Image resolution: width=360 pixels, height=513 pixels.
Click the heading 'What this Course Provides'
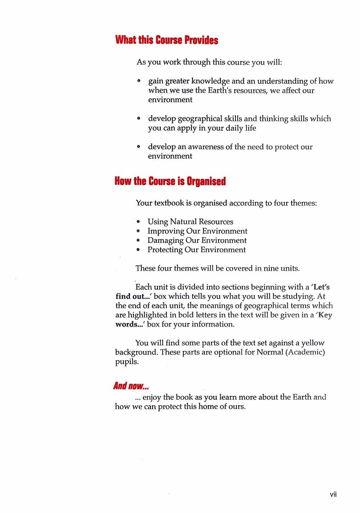tap(167, 40)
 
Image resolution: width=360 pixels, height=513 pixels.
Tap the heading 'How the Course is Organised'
tap(170, 181)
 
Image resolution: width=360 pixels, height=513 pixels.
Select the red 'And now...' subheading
tap(131, 386)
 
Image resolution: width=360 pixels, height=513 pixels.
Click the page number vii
tap(333, 494)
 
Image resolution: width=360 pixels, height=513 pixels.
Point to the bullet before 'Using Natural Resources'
tap(138, 222)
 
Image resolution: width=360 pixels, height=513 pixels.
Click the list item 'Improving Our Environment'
tap(197, 231)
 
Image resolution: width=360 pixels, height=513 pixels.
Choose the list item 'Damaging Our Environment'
tap(197, 240)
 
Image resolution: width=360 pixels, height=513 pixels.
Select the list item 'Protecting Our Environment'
tap(197, 250)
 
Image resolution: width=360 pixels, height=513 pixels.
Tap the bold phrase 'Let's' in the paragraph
tap(321, 287)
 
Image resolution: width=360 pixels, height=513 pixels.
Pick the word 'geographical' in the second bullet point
tap(200, 119)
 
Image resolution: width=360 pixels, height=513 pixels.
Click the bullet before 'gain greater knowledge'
tap(138, 81)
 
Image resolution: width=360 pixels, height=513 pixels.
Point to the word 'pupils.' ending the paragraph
tap(127, 362)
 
